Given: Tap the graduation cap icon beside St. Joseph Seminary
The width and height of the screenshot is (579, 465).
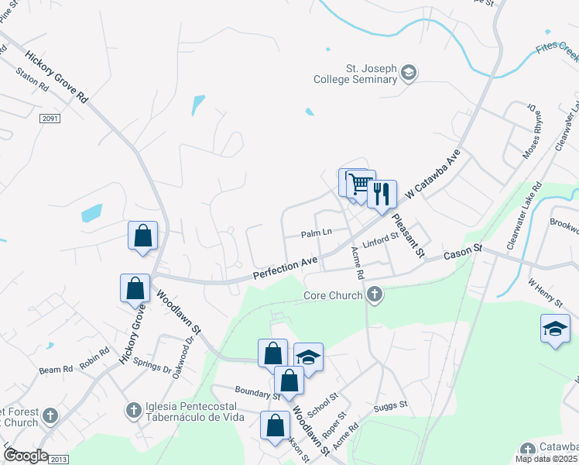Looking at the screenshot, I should pos(409,74).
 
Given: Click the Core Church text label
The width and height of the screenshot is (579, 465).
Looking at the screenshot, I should pos(333,295).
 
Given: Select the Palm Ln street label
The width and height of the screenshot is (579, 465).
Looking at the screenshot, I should pos(316,232).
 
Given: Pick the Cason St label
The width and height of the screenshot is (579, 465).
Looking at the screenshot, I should pos(463,252).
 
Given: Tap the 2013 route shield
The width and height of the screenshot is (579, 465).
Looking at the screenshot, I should pos(59,460).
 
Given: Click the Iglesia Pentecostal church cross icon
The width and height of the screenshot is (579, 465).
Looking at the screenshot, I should pos(132,408).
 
